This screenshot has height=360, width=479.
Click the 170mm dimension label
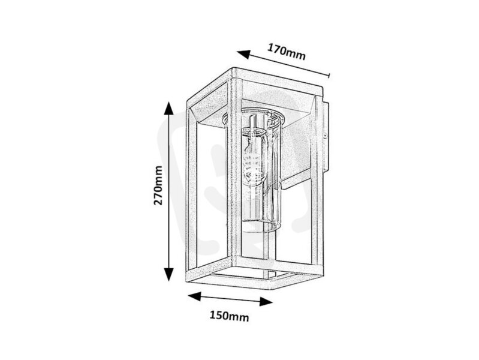tap(286, 52)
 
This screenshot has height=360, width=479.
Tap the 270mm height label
tap(158, 185)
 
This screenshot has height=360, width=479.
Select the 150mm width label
tap(229, 316)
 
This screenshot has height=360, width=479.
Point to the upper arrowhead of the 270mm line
tap(168, 108)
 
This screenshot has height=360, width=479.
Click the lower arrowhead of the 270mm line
tap(168, 274)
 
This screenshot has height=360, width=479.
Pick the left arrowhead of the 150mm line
tap(194, 296)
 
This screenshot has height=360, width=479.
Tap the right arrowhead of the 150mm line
tap(266, 302)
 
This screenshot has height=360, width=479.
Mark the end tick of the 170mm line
tap(329, 75)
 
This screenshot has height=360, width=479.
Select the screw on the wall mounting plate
tap(326, 135)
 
